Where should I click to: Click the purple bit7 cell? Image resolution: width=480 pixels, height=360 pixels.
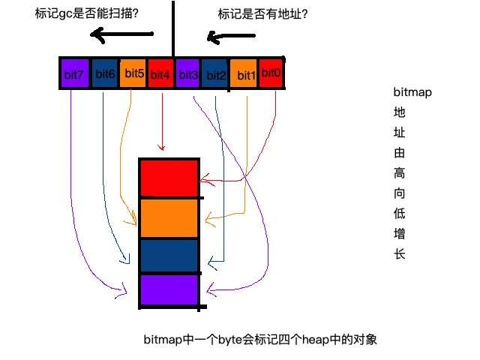75,73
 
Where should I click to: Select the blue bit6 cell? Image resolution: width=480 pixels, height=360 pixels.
105,73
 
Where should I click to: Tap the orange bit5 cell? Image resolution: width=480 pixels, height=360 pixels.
133,73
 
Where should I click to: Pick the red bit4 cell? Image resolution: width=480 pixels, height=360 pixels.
160,73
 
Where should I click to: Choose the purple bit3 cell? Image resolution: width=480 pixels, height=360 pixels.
187,73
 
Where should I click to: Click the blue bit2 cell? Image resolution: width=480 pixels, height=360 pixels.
214,73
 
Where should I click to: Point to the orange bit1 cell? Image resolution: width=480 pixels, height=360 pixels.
243,73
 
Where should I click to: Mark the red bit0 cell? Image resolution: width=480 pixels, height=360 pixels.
270,73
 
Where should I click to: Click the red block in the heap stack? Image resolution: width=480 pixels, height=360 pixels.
169,178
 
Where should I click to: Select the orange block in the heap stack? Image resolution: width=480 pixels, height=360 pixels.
169,218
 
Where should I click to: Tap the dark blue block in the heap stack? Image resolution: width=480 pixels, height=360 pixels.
169,255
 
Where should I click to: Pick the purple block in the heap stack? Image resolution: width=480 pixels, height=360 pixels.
169,289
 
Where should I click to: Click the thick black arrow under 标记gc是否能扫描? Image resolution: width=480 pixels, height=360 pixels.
121,34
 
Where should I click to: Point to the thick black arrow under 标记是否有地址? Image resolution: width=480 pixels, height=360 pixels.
231,37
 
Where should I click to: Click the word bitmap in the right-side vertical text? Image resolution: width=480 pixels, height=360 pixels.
412,92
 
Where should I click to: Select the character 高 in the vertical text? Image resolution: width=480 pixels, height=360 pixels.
400,173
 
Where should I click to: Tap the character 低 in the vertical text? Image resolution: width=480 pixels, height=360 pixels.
400,213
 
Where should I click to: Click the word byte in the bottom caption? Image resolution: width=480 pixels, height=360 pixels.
230,340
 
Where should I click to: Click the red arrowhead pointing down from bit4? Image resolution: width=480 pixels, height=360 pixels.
162,148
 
